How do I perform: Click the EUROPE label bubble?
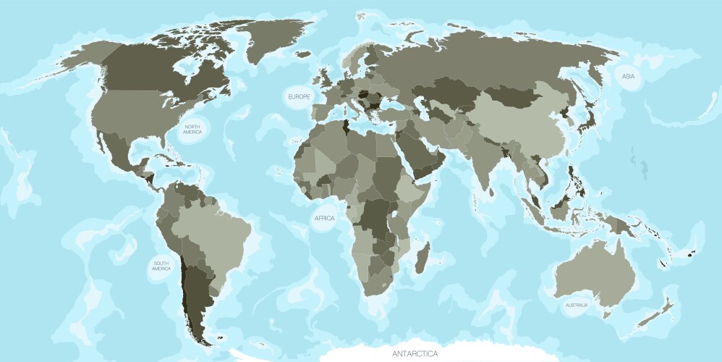pyautogui.click(x=298, y=97)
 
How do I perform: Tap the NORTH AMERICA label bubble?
pyautogui.click(x=191, y=129)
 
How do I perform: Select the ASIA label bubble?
pyautogui.click(x=627, y=77)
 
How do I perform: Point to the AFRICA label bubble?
pyautogui.click(x=323, y=218)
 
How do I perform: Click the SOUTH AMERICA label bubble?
pyautogui.click(x=161, y=266)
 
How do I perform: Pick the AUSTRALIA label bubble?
pyautogui.click(x=577, y=306)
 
